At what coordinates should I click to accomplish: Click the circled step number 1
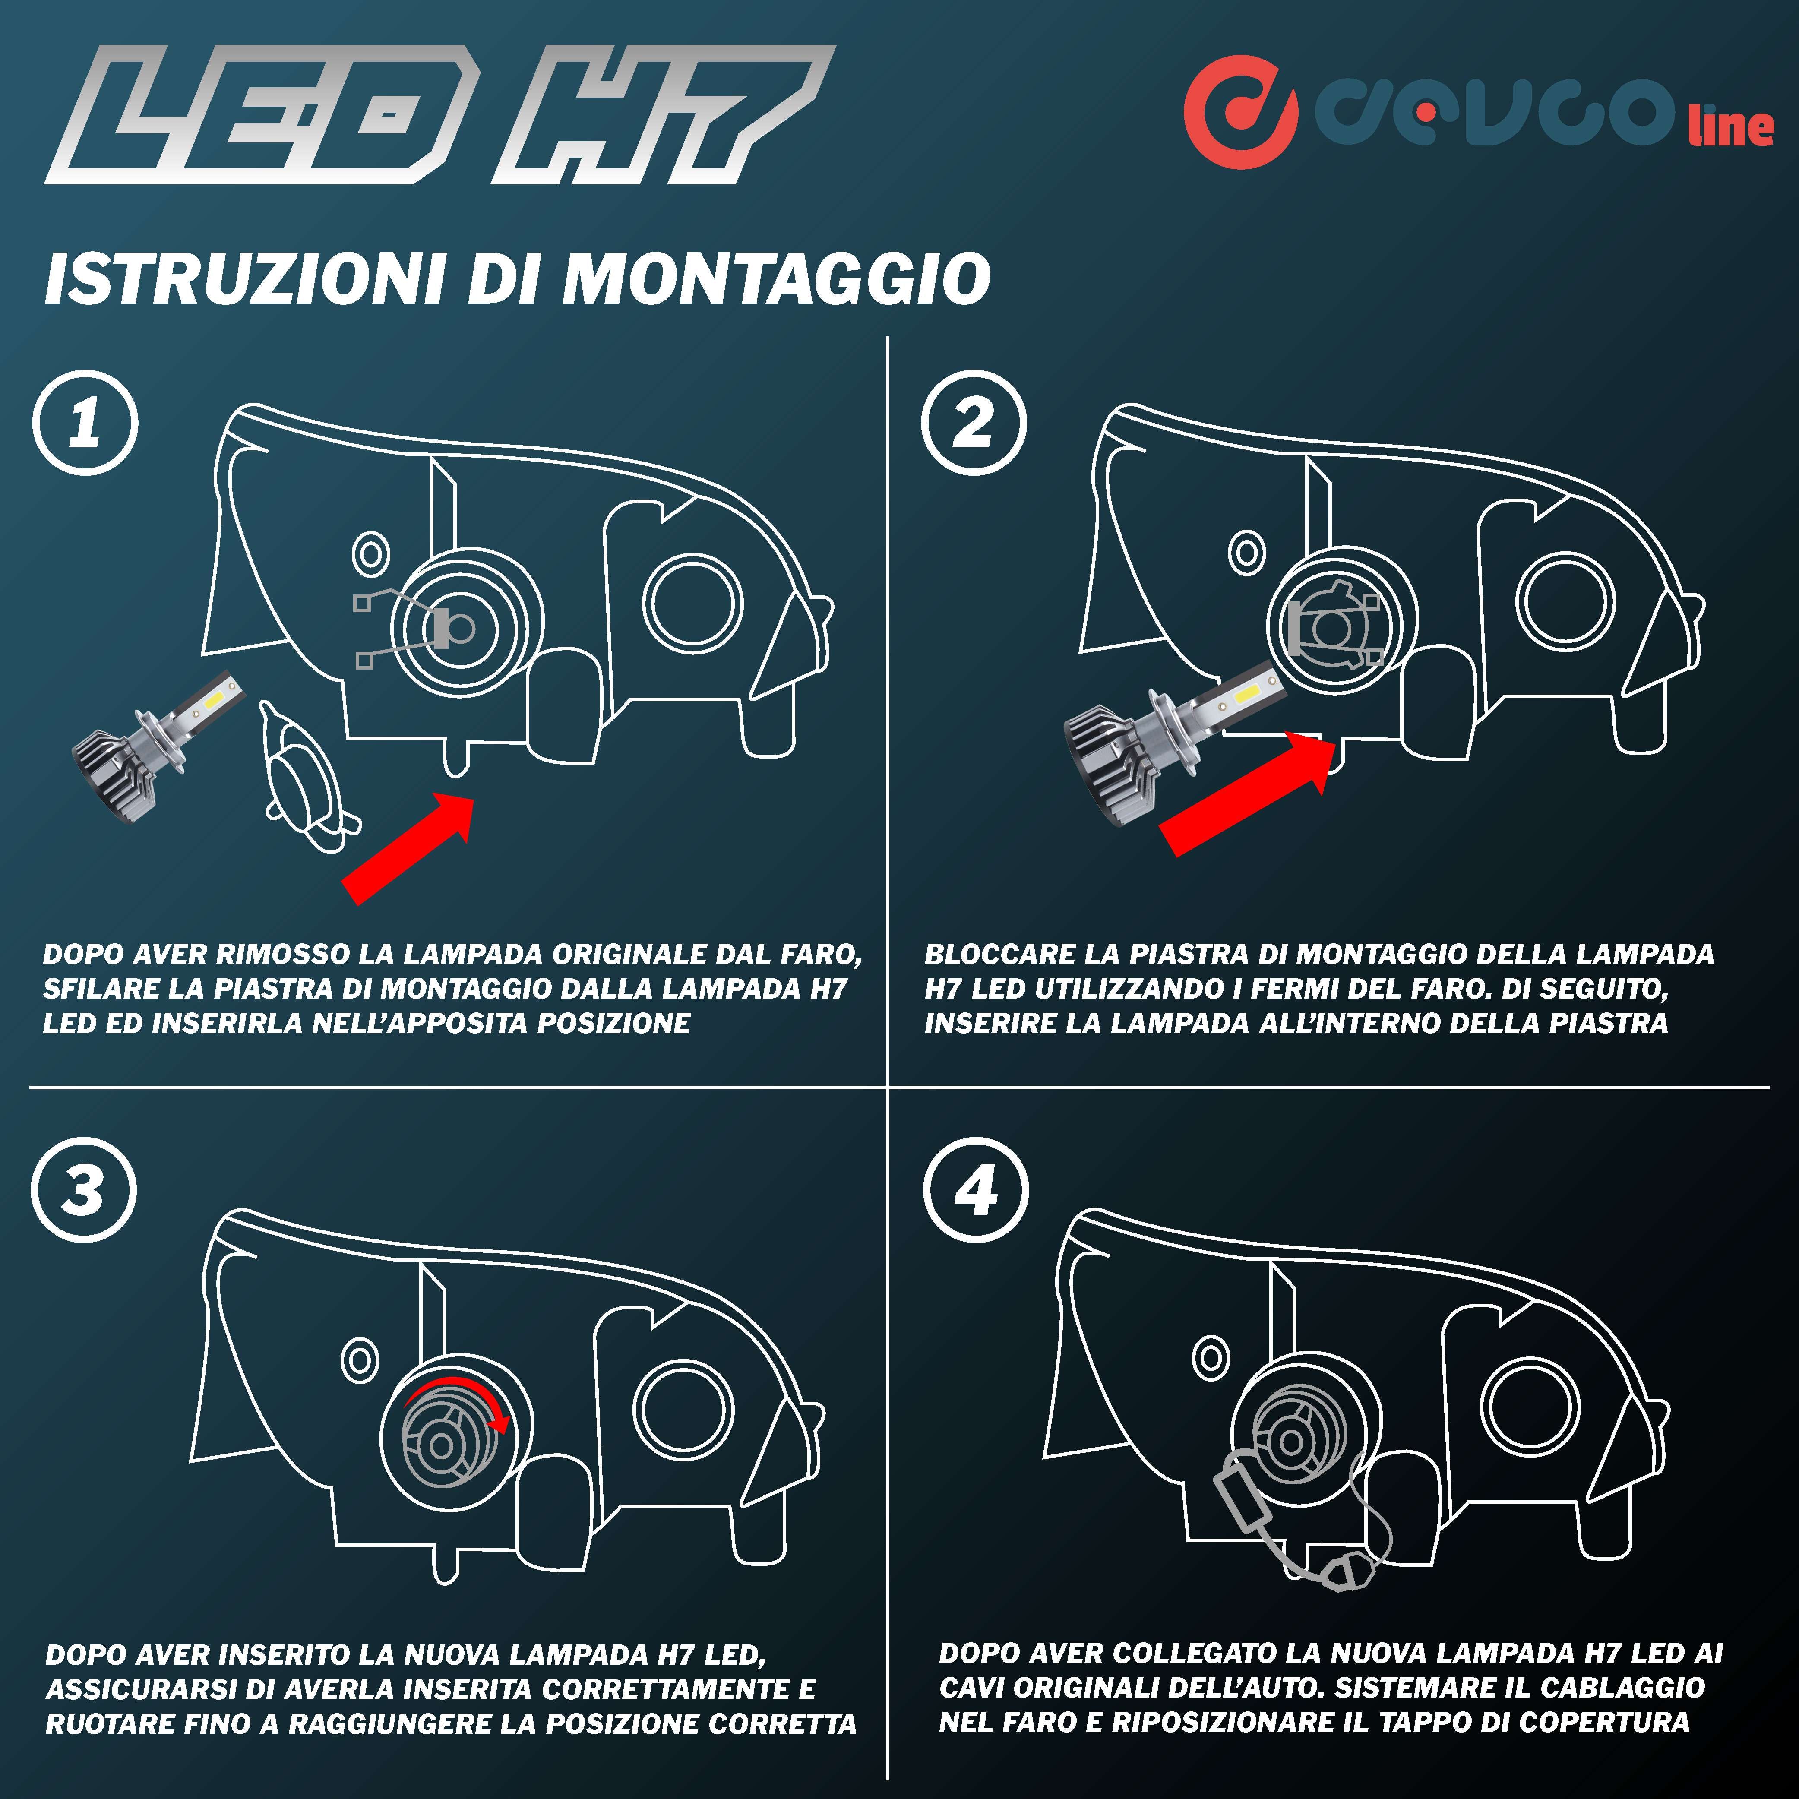(85, 424)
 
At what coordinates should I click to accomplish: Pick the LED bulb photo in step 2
(1173, 745)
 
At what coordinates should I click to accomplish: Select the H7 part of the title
(652, 117)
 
